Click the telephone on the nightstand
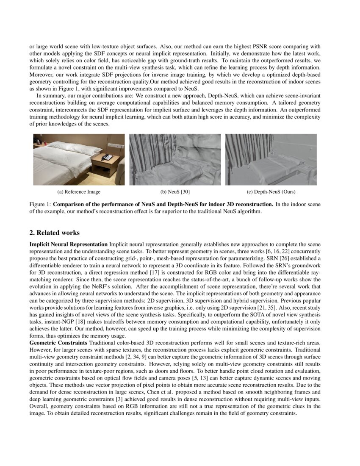107,157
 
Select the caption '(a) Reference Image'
79,192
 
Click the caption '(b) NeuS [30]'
175,192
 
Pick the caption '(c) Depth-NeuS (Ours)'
271,192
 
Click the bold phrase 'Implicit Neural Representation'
68,245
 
